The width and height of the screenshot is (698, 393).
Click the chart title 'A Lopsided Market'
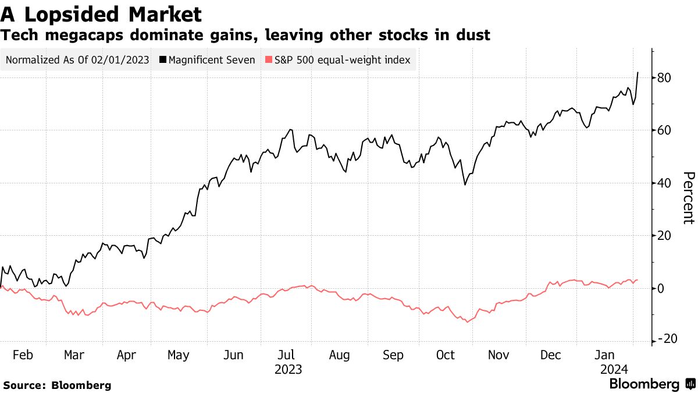coord(102,14)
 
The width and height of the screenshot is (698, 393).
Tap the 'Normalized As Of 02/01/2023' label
coord(77,60)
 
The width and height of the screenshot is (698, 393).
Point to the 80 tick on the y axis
coord(665,77)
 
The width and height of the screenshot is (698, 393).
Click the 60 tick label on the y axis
coord(665,130)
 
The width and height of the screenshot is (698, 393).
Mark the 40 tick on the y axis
coord(665,183)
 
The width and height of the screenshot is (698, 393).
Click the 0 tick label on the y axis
coord(661,288)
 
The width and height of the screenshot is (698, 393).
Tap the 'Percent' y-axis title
coord(689,198)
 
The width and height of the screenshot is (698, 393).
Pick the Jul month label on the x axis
coord(288,355)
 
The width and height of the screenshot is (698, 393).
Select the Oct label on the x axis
coord(445,355)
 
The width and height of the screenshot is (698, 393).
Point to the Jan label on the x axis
coord(606,355)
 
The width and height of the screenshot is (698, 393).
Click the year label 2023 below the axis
coord(288,369)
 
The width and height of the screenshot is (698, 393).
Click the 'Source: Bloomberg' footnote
coord(57,385)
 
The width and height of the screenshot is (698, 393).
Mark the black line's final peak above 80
coord(638,73)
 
